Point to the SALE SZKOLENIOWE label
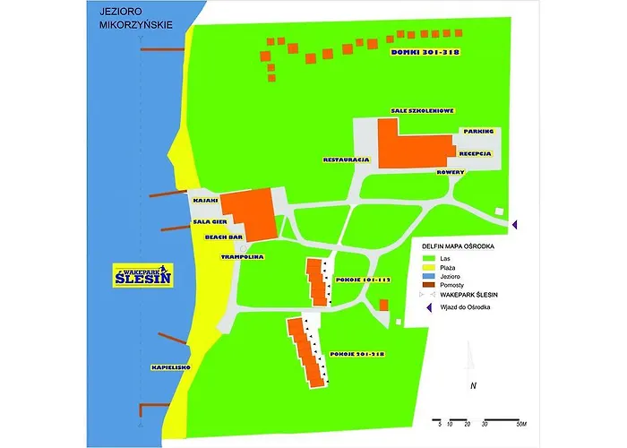[423, 110]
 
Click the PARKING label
[478, 132]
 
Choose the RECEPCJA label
[476, 153]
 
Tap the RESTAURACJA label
[347, 159]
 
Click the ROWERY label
[450, 170]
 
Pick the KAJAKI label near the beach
[204, 201]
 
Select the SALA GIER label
[208, 220]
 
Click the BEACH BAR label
[224, 237]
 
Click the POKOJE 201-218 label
[357, 354]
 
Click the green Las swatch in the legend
[432, 257]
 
